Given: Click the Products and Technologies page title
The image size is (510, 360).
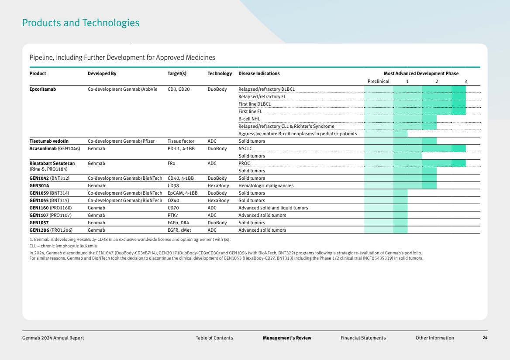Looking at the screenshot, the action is [81, 23].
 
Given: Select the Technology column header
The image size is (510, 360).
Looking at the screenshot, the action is [220, 73].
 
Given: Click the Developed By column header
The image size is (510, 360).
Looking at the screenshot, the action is [102, 73].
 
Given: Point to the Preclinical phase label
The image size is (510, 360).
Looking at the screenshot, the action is [378, 81].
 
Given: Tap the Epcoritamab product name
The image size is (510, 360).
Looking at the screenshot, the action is [43, 89].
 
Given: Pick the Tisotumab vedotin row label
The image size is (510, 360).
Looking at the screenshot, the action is [49, 141].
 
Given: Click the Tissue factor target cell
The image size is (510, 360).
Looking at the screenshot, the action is [181, 141].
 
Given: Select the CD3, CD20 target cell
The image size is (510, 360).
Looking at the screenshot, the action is [179, 89].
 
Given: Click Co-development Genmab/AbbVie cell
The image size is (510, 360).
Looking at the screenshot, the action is [122, 89].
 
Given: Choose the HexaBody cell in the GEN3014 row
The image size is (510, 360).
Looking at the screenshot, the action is [218, 185].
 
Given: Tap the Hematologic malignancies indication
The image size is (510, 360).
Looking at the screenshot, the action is [266, 185].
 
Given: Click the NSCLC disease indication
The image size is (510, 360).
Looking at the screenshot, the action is [245, 148].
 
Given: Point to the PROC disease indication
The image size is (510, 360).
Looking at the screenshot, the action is [244, 164].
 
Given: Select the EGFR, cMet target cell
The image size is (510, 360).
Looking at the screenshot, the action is [179, 230].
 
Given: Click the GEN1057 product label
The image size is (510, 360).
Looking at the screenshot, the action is [39, 223].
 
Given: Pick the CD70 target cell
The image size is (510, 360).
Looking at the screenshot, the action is [173, 208].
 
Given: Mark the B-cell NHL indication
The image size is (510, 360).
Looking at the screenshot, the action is [249, 119].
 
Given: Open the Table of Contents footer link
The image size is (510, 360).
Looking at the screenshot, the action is [214, 338].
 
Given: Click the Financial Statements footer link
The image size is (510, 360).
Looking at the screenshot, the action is [363, 338].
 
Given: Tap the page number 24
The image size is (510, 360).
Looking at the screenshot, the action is [485, 338].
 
